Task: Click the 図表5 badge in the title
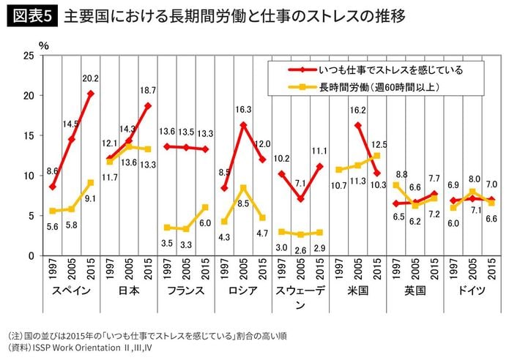pyautogui.click(x=31, y=15)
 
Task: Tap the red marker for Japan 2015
pyautogui.click(x=149, y=105)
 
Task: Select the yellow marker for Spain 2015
pyautogui.click(x=90, y=182)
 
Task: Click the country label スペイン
pyautogui.click(x=71, y=290)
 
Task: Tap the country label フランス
pyautogui.click(x=187, y=290)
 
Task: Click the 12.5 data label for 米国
pyautogui.click(x=379, y=144)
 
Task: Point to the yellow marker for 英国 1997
pyautogui.click(x=396, y=185)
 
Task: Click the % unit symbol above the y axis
pyautogui.click(x=44, y=45)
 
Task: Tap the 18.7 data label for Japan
pyautogui.click(x=147, y=90)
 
